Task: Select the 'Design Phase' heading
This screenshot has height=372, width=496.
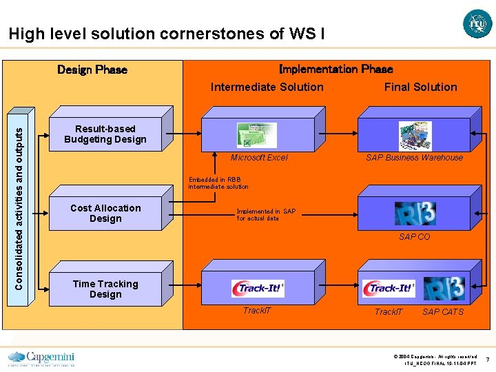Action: coord(92,70)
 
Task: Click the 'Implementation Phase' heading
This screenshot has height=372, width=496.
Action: coord(335,69)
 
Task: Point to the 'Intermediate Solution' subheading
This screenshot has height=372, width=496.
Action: coord(267,87)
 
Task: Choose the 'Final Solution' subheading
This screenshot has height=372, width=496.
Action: coord(420,87)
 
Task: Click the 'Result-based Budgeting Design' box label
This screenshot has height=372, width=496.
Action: coord(105,134)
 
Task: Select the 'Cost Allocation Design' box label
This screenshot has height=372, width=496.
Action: coord(105,214)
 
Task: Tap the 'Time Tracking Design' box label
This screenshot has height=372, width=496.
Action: coord(105,289)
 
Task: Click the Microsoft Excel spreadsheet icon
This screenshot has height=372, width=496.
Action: coord(256,135)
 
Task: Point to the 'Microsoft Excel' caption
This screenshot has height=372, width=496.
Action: coord(259,158)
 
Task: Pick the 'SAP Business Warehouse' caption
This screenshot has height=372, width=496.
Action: coord(415,158)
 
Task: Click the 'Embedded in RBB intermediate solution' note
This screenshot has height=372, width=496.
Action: coord(218,183)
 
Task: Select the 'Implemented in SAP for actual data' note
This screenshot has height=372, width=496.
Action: coord(266,215)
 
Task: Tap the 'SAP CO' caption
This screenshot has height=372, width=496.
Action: coord(415,237)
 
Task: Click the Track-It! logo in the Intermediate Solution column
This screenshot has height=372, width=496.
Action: coord(258,289)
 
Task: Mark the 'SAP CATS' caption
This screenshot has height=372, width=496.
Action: coord(443,312)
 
